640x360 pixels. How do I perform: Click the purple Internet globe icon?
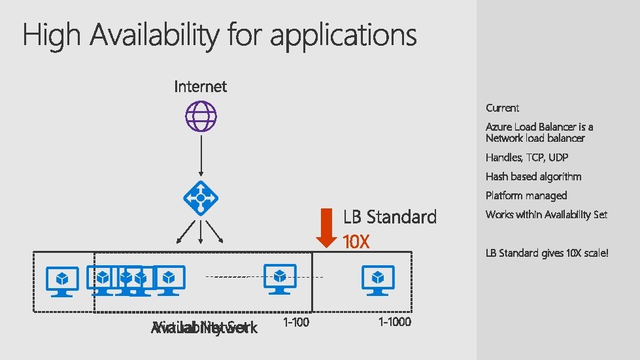tap(201, 118)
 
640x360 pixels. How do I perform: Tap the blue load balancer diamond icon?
tap(201, 199)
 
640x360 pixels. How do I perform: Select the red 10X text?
tap(356, 242)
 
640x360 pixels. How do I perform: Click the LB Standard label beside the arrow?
tap(390, 217)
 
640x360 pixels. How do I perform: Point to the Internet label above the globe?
tap(201, 86)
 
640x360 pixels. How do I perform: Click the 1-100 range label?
tap(297, 322)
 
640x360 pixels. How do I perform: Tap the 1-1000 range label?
tap(395, 322)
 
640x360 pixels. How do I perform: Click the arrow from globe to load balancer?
tap(201, 157)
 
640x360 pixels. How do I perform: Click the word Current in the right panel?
tap(502, 108)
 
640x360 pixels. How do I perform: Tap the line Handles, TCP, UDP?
tap(526, 157)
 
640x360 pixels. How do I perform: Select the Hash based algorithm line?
tap(533, 176)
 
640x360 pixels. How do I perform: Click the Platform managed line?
tap(526, 195)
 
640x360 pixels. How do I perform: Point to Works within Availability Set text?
tap(547, 214)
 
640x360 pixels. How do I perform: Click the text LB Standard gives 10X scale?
tap(547, 252)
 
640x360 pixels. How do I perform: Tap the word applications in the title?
tap(343, 35)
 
